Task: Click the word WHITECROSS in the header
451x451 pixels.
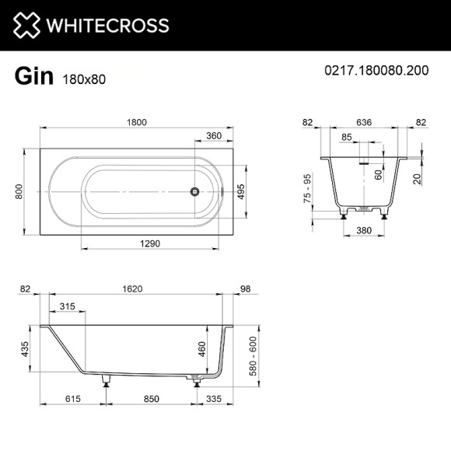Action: (107, 26)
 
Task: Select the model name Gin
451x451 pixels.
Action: (33, 76)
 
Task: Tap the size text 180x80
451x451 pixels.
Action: (82, 79)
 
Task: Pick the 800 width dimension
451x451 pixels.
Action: (19, 191)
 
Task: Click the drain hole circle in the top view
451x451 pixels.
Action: (195, 191)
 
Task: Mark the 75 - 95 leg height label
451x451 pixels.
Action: (309, 191)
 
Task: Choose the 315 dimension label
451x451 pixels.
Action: (67, 306)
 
